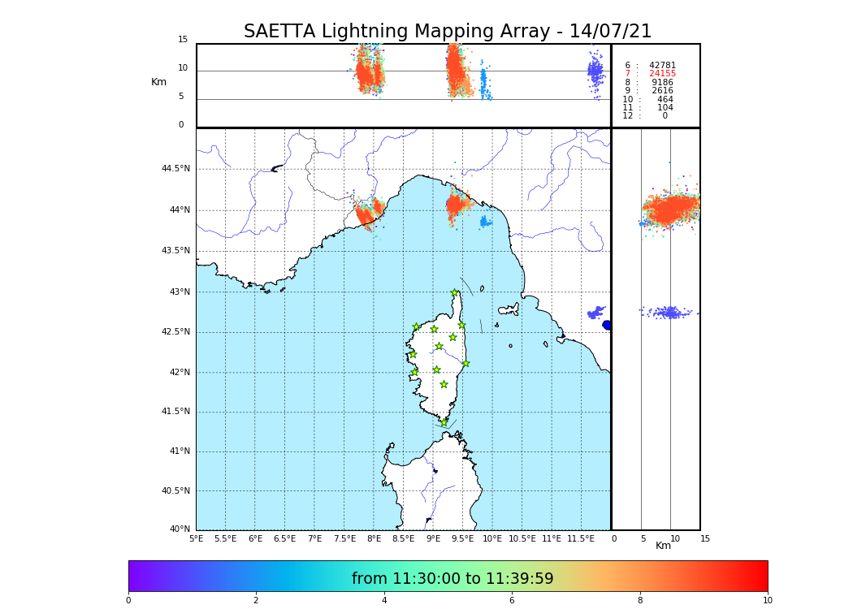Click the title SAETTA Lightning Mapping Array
pos(448,32)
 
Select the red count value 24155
pos(662,74)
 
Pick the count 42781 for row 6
pos(662,66)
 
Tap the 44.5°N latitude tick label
pos(175,169)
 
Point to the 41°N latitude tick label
pos(179,451)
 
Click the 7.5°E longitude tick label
pos(344,538)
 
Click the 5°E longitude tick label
pos(196,538)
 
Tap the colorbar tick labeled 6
pos(512,601)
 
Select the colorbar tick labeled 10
pos(767,601)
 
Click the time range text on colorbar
pos(452,579)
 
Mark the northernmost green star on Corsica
pos(455,293)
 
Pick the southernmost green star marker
pos(444,422)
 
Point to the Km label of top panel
pos(158,82)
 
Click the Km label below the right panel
pos(664,546)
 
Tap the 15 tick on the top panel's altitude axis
pos(183,40)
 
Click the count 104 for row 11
pos(665,108)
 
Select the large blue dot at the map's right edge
pos(607,325)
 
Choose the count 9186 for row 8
pos(662,83)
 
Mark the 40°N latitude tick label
pos(180,529)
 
